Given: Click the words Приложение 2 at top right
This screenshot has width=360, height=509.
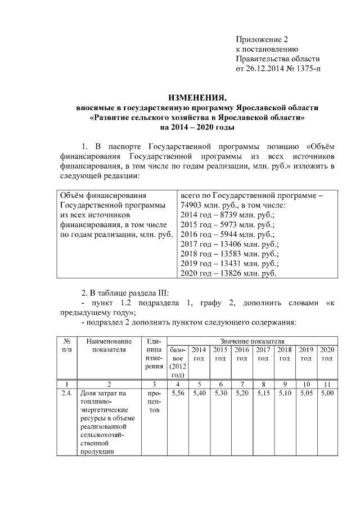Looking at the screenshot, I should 261,39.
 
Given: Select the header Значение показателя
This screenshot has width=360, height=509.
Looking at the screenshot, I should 252,341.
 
